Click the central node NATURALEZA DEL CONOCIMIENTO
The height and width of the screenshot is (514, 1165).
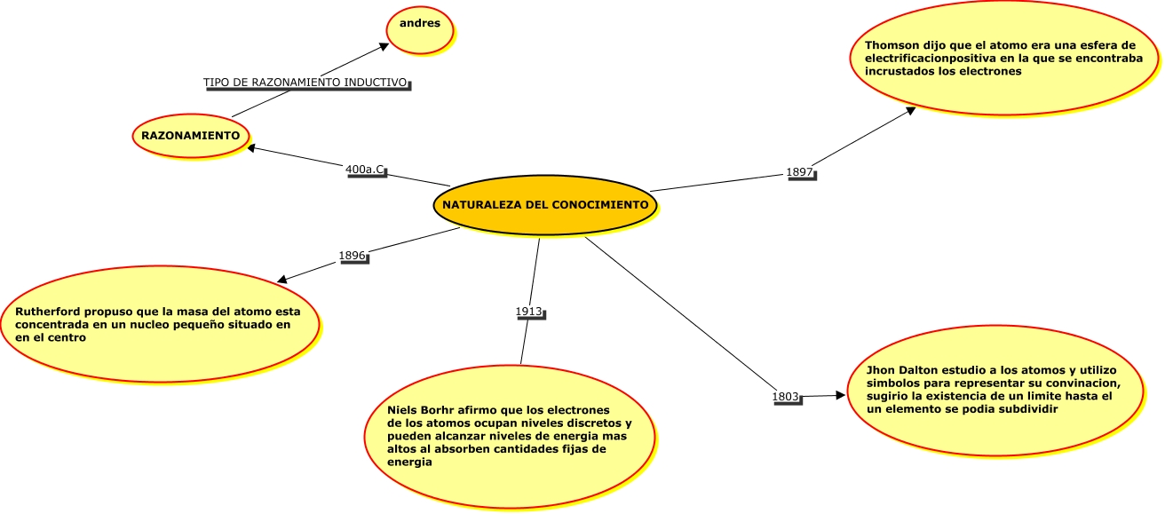[x=545, y=205]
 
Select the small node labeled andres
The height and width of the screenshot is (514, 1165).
[x=420, y=24]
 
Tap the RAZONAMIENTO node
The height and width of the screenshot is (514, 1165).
[x=191, y=136]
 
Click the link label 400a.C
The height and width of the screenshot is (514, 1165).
[x=366, y=169]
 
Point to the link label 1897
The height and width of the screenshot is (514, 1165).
[x=799, y=172]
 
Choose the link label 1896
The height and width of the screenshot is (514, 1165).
[x=353, y=256]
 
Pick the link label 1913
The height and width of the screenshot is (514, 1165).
[x=529, y=312]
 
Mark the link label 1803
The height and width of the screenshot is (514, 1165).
[x=786, y=396]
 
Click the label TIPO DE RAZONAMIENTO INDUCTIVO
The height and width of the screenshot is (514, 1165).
[x=305, y=83]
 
